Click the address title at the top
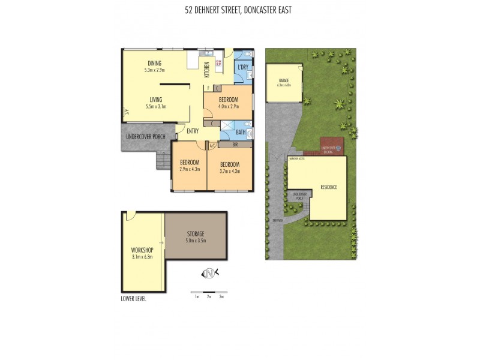click(239, 10)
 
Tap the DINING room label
click(155, 64)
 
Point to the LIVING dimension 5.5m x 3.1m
click(155, 106)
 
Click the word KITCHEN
click(206, 70)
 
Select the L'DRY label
click(243, 67)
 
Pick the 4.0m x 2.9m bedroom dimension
click(228, 106)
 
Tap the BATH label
click(241, 132)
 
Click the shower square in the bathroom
click(227, 126)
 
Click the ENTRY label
click(193, 132)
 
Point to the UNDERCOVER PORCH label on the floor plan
click(145, 137)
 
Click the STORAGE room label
click(196, 233)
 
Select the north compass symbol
click(209, 274)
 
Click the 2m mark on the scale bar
click(209, 297)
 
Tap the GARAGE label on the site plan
click(284, 81)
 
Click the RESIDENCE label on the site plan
click(328, 187)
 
